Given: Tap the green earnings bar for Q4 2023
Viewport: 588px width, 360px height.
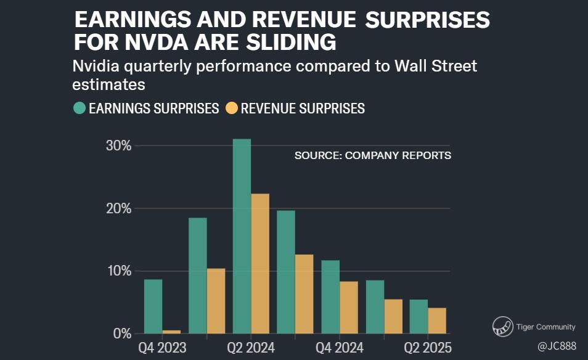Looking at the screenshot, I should coord(153,306).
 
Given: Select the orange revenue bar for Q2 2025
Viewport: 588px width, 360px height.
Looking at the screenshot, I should coord(437,321).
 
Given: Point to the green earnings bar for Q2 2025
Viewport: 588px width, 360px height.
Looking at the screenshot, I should coord(419,317).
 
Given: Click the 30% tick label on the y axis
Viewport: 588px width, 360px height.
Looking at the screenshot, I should coord(118,146).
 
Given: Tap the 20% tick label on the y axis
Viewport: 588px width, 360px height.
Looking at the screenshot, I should coord(118,209).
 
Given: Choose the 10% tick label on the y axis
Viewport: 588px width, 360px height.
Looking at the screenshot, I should coord(118,271).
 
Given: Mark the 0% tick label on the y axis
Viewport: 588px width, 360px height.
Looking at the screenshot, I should coord(121,334).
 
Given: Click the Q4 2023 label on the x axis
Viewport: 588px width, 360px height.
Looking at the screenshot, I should coord(163,347).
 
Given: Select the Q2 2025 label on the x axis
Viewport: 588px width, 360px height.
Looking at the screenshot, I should coord(427,347).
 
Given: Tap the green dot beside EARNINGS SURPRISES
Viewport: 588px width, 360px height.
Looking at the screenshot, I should coord(79,108).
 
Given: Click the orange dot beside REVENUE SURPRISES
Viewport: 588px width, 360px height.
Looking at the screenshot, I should coord(231,108).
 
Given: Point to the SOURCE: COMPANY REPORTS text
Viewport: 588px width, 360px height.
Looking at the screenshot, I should coord(372,155).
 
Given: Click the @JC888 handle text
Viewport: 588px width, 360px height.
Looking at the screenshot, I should coord(557,347).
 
